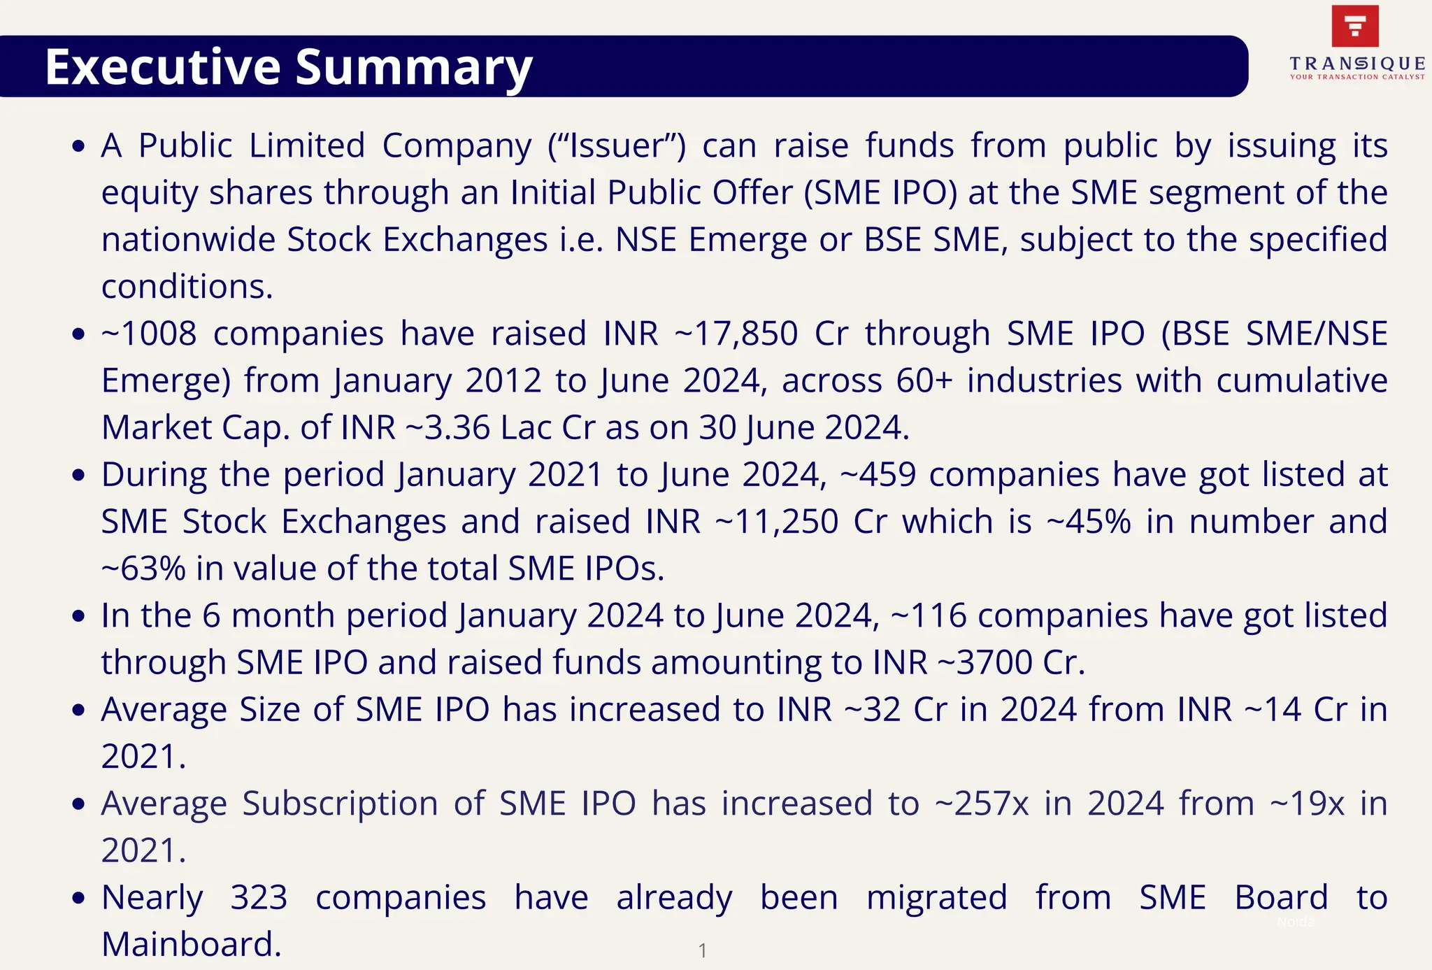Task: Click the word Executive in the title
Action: coord(162,67)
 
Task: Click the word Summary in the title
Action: coord(413,69)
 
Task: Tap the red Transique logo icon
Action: coord(1355,26)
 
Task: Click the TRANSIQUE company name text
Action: coord(1357,64)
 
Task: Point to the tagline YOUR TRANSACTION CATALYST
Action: coord(1357,77)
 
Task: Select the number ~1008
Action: coord(149,334)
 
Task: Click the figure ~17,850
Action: coord(736,334)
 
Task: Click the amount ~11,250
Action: coord(777,522)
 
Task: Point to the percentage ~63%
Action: coord(143,569)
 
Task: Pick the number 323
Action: coord(259,897)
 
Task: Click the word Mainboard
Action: coord(191,944)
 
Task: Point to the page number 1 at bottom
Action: coord(703,950)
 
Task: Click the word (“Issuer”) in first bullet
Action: coord(617,146)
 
